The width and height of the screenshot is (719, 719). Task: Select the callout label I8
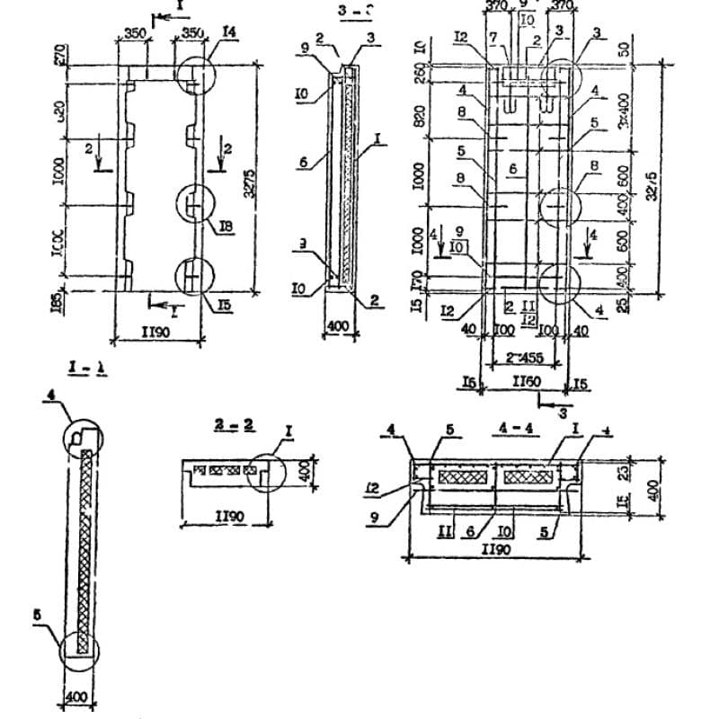pos(226,227)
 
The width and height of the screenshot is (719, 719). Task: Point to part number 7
pos(493,36)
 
